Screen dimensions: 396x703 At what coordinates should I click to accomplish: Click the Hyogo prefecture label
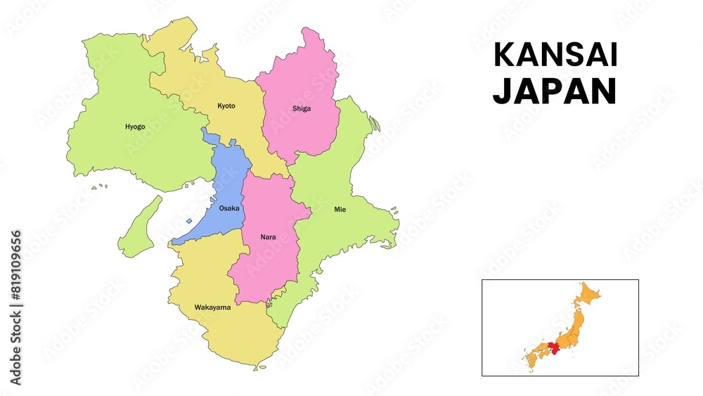click(135, 127)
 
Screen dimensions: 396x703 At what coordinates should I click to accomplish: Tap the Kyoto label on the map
click(226, 106)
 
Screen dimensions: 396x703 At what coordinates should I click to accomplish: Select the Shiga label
click(302, 109)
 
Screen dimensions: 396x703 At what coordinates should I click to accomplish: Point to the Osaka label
click(229, 209)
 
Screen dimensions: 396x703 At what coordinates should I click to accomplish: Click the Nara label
click(269, 237)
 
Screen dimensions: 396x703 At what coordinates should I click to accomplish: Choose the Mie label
click(340, 210)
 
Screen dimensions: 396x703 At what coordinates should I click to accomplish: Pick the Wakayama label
click(213, 307)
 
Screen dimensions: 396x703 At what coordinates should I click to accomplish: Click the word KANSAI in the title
click(555, 55)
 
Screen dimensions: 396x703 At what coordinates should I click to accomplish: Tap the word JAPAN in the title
click(555, 91)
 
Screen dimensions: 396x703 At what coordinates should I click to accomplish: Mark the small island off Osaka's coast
click(189, 222)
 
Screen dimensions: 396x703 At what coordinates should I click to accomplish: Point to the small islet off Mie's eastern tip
click(396, 212)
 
